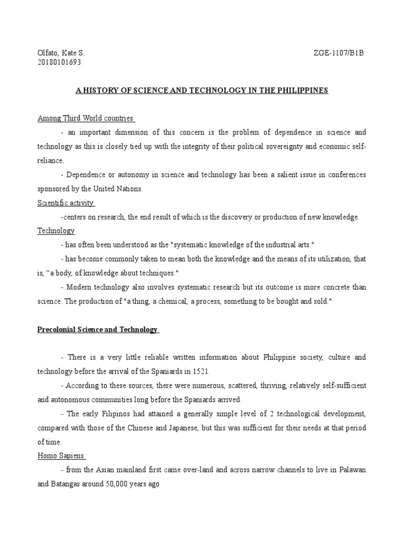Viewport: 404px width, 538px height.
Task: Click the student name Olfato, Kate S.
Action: tap(60, 53)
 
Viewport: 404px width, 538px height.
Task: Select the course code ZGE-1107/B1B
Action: tap(338, 53)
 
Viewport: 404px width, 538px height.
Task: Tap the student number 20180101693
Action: tap(59, 63)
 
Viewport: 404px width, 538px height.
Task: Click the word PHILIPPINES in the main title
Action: tap(301, 90)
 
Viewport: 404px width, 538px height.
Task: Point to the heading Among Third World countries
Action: tap(85, 118)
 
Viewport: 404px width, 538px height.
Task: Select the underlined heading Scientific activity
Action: tap(66, 203)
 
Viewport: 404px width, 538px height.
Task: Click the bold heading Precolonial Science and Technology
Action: tap(97, 329)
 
